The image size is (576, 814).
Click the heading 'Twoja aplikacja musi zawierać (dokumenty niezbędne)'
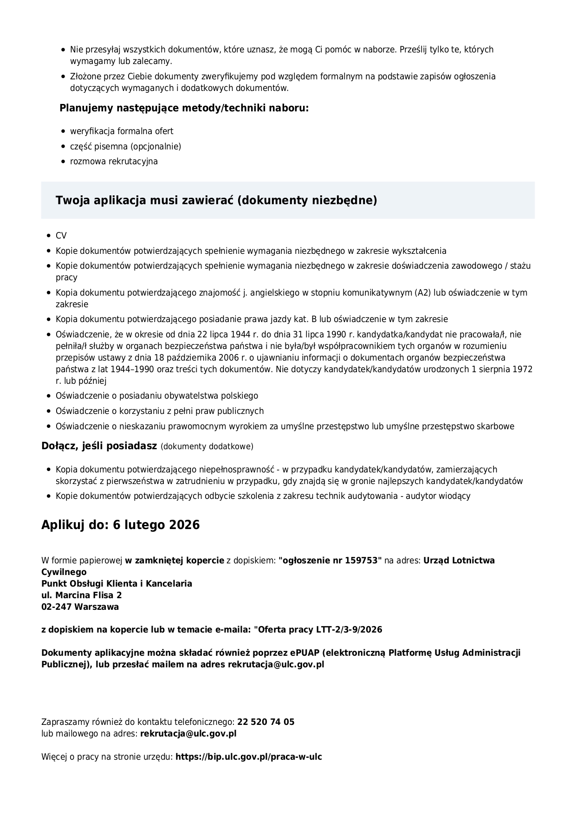pos(216,200)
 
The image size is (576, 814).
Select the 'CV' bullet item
pos(61,236)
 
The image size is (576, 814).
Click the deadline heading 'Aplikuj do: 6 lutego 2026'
pos(120,525)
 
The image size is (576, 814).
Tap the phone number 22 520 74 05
pos(265,722)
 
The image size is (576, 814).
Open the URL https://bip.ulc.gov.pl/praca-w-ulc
pos(248,757)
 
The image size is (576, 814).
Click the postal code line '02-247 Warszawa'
pos(80,607)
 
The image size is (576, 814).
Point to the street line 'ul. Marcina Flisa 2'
pos(82,595)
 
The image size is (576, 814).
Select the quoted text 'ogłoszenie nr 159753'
pos(330,560)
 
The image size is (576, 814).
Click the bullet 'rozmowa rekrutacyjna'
pos(114,162)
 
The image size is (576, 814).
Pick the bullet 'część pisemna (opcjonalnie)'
pos(125,147)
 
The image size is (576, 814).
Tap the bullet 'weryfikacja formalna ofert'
pos(122,131)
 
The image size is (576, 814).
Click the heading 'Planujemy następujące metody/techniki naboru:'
pos(184,108)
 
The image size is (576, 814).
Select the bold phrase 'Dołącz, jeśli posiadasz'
pos(99,446)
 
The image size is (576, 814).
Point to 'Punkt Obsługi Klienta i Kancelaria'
pos(116,583)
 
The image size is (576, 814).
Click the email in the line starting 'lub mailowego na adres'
pos(188,734)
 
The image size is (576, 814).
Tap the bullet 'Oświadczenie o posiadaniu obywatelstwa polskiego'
pos(157,396)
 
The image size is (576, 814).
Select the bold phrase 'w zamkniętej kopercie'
pos(175,560)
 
